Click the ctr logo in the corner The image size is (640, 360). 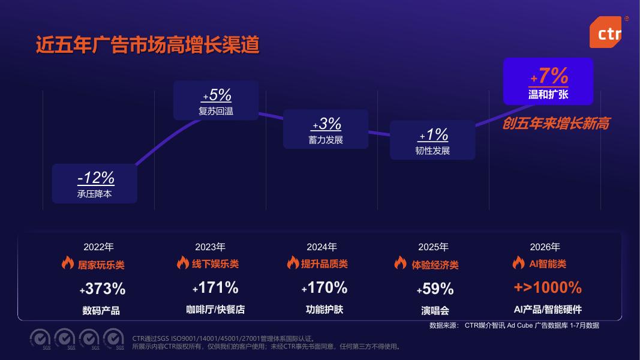click(x=606, y=32)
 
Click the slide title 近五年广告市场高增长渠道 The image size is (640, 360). click(x=148, y=45)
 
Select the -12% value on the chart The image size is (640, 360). click(x=96, y=178)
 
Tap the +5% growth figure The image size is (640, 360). click(x=217, y=95)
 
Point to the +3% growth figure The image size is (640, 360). click(x=326, y=124)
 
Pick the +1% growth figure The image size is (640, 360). click(x=434, y=134)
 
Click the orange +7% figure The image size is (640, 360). click(x=549, y=76)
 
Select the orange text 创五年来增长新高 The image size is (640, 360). click(x=556, y=123)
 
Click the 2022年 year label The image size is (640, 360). click(x=98, y=247)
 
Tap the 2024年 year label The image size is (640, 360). click(x=321, y=247)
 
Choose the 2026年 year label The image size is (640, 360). click(x=545, y=247)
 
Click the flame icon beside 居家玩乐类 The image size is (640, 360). click(x=68, y=262)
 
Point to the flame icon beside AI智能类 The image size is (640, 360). click(x=518, y=262)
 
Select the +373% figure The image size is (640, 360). click(x=103, y=289)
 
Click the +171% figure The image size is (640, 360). click(x=215, y=288)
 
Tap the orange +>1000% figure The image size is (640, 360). click(x=548, y=287)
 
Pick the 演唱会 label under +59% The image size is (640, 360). click(x=435, y=311)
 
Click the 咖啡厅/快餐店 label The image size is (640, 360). click(x=215, y=310)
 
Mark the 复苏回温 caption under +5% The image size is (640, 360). click(x=216, y=111)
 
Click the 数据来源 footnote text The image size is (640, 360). click(x=514, y=325)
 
